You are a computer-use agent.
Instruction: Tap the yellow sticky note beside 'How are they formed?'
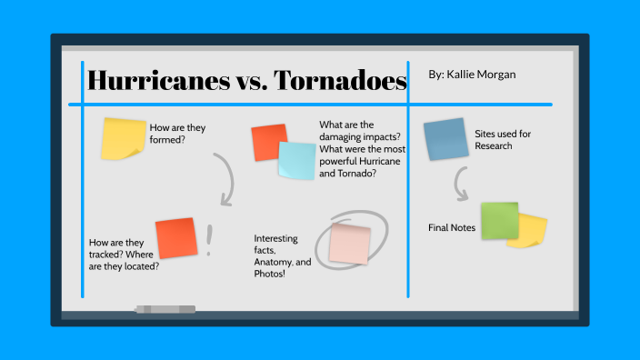pyautogui.click(x=123, y=138)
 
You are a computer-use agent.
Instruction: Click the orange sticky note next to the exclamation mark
pyautogui.click(x=175, y=238)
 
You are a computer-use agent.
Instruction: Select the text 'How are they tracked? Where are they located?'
pyautogui.click(x=124, y=255)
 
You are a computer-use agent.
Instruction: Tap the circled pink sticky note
pyautogui.click(x=349, y=244)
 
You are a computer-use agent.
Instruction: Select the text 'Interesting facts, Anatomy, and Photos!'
pyautogui.click(x=283, y=255)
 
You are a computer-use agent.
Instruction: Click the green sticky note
pyautogui.click(x=499, y=220)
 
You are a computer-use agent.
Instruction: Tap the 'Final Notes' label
pyautogui.click(x=452, y=227)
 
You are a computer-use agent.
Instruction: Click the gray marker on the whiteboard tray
pyautogui.click(x=165, y=310)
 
